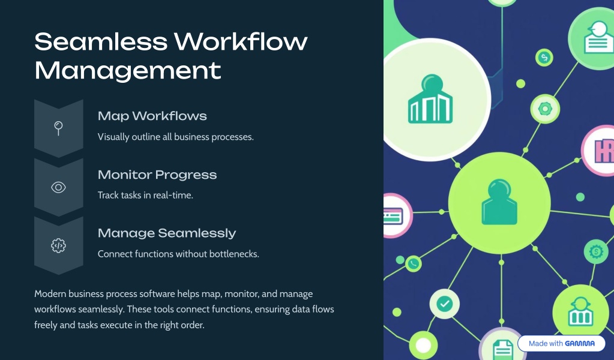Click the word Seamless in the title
(x=101, y=41)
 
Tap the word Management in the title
(x=128, y=71)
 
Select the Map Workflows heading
(x=152, y=116)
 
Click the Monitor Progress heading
(x=157, y=175)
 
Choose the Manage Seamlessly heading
(x=167, y=233)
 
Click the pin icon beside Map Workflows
(x=58, y=128)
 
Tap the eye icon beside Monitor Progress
(x=58, y=187)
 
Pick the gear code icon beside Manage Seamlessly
(x=58, y=246)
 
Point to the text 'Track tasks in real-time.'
(x=145, y=195)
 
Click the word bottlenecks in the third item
(x=233, y=254)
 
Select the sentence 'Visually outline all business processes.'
(x=175, y=137)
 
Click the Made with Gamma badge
(x=562, y=344)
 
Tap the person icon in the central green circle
(x=499, y=202)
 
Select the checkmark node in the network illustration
(x=445, y=303)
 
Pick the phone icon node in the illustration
(x=413, y=264)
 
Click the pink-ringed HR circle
(x=599, y=151)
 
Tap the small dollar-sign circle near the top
(x=544, y=58)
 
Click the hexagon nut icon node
(x=545, y=109)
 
